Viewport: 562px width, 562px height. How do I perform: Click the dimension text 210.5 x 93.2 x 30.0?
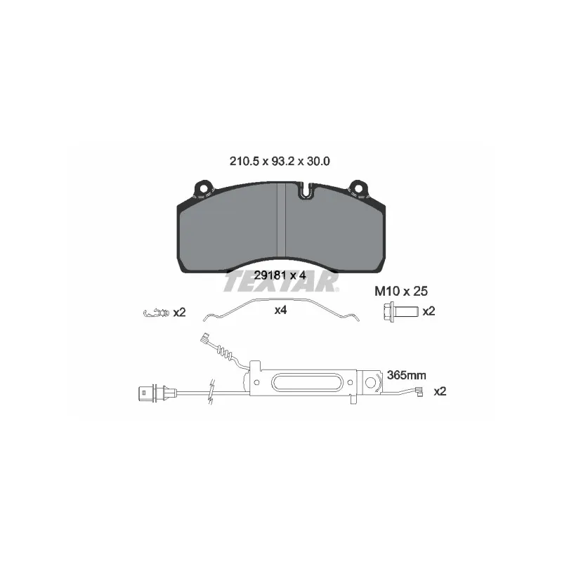(x=280, y=162)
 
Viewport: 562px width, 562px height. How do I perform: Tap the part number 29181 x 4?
(x=280, y=275)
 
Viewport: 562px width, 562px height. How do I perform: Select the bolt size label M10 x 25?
(x=401, y=291)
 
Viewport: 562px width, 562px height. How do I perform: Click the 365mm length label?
(x=407, y=375)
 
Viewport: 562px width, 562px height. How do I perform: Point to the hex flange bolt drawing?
(x=400, y=311)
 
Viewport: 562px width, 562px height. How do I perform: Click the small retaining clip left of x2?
(x=156, y=313)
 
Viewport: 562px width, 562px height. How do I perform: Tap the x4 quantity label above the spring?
(x=280, y=310)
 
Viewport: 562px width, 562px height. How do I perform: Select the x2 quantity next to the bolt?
(x=429, y=311)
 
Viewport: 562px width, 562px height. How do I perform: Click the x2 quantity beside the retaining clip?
(x=179, y=313)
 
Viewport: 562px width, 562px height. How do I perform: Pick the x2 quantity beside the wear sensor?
(x=440, y=391)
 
